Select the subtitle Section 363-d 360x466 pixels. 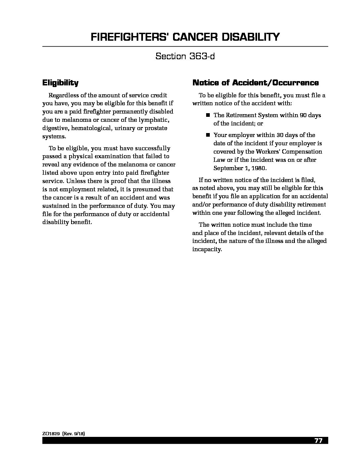click(x=185, y=56)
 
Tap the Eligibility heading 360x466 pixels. click(x=60, y=82)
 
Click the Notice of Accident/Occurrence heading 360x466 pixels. click(x=255, y=82)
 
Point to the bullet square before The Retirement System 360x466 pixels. click(x=208, y=115)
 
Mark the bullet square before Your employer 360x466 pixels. click(x=208, y=135)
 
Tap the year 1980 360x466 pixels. click(x=259, y=168)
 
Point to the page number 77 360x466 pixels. click(x=318, y=441)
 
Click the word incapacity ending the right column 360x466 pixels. click(x=206, y=249)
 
